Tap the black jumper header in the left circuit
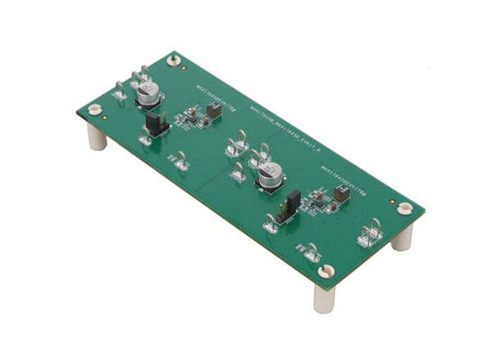point(155,123)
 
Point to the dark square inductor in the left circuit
point(214,110)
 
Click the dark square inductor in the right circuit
point(341,193)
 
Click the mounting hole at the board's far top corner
point(174,60)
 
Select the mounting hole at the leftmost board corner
point(94,110)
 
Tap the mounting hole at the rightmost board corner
point(405,208)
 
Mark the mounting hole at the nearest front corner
point(326,271)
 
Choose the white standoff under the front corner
point(324,298)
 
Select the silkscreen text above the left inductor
point(216,94)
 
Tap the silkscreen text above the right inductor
point(347,175)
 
